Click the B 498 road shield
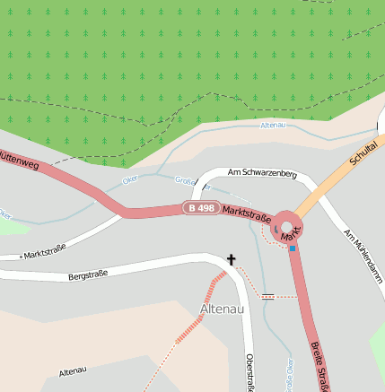[x=201, y=207]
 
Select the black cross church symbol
[x=231, y=260]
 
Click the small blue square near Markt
[x=293, y=248]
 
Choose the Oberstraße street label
[x=249, y=371]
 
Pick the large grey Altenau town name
[x=221, y=309]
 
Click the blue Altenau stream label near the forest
[x=272, y=125]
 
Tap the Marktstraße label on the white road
[x=45, y=254]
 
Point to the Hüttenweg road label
[x=18, y=159]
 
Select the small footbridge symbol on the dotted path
[x=267, y=295]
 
